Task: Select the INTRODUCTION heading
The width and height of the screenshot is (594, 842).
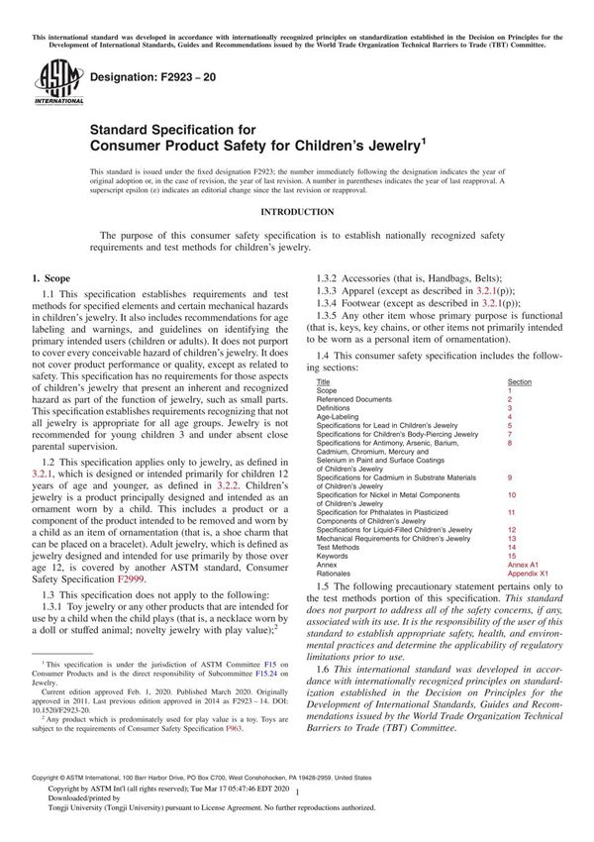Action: [297, 212]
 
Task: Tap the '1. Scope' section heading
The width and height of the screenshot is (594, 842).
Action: [50, 280]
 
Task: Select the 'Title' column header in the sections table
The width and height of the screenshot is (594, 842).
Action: [324, 380]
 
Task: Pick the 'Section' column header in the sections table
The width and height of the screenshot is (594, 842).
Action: [520, 380]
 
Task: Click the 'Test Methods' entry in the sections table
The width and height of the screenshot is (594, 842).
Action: [339, 547]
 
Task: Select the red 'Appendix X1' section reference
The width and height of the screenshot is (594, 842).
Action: [529, 574]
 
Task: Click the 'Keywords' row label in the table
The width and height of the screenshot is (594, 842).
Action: [335, 556]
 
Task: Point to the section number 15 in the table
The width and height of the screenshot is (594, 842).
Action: [511, 556]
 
